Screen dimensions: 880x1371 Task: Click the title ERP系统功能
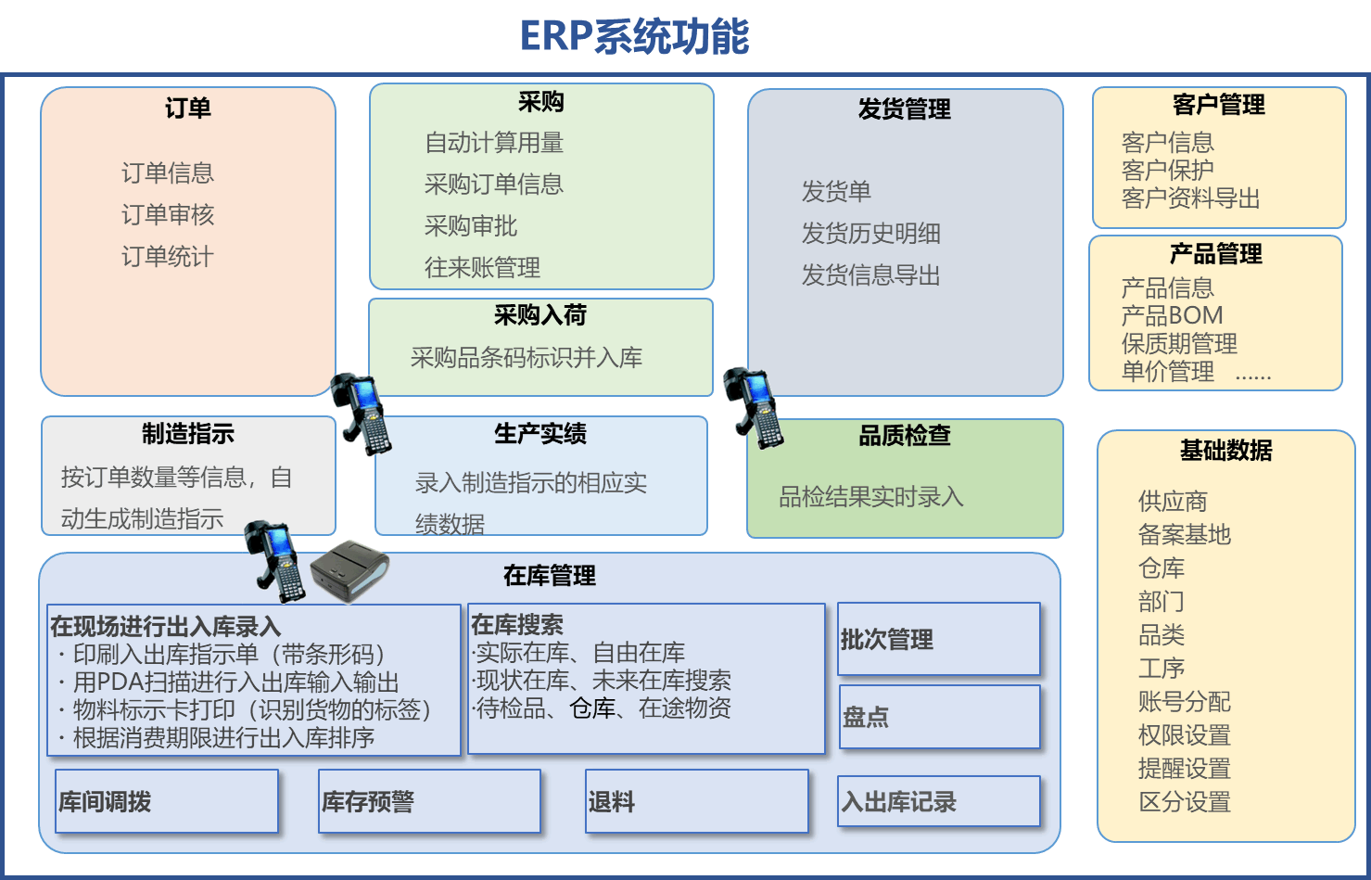[x=634, y=37]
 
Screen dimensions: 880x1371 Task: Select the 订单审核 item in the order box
[x=168, y=215]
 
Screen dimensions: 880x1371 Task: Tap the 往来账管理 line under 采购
[x=482, y=268]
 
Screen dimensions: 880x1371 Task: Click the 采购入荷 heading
[x=540, y=315]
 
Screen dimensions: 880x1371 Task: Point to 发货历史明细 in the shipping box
[x=870, y=234]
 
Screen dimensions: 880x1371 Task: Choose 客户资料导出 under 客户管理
[x=1190, y=198]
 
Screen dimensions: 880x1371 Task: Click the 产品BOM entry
[x=1172, y=315]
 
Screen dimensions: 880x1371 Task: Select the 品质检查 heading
[x=905, y=436]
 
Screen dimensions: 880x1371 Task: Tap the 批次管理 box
[x=939, y=639]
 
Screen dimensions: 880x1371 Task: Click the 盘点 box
[x=939, y=717]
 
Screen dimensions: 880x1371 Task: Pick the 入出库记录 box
[x=939, y=801]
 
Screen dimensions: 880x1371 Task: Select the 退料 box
[x=696, y=801]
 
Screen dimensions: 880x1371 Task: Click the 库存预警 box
[x=429, y=801]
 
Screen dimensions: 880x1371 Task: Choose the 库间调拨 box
[x=167, y=801]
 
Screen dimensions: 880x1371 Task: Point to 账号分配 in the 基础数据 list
[x=1184, y=702]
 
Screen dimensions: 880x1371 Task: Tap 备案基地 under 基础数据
[x=1184, y=535]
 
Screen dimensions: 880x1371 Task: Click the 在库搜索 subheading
[x=517, y=625]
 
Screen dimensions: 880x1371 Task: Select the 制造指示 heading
[x=188, y=434]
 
